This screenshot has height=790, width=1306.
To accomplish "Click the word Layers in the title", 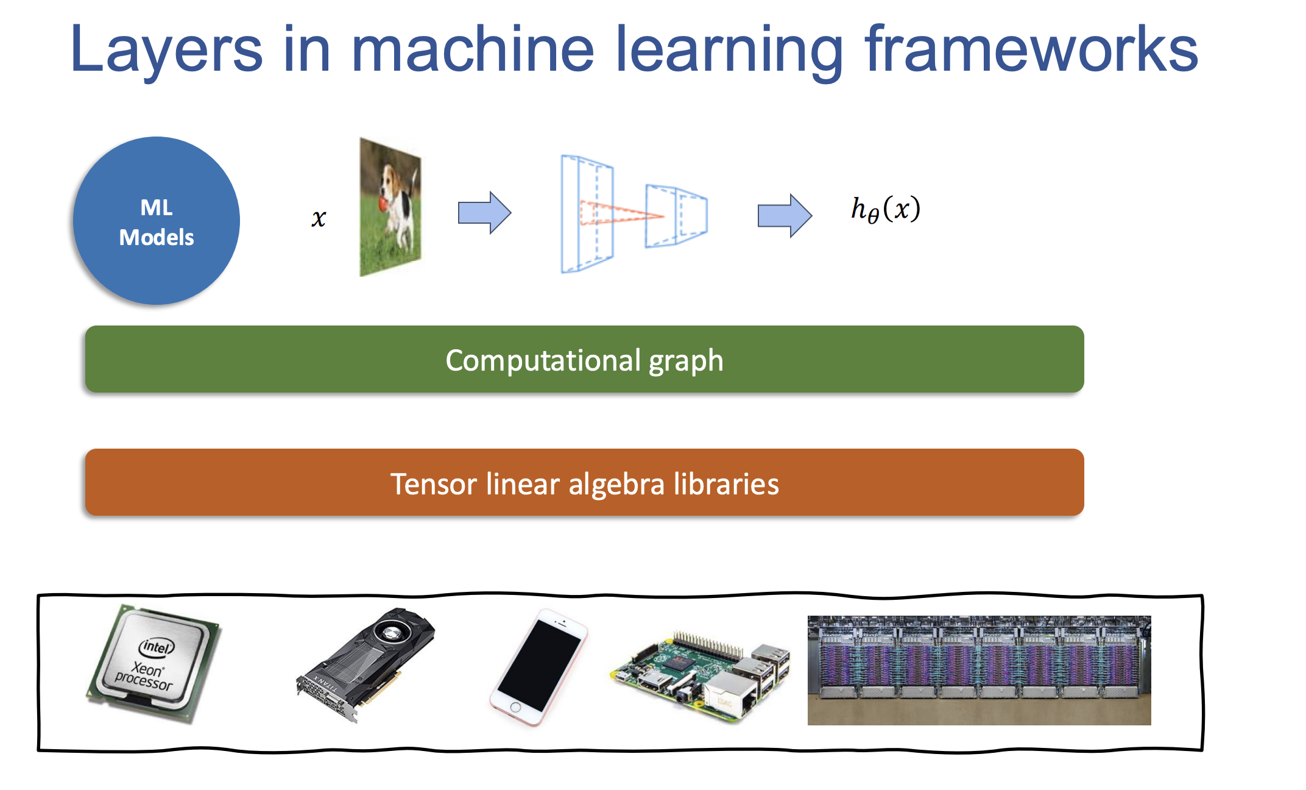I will point(166,50).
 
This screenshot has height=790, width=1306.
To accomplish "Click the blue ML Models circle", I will point(157,221).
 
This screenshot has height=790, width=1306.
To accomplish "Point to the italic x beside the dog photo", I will point(319,218).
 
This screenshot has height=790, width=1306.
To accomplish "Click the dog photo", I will point(390,207).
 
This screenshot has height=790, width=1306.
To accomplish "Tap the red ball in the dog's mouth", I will point(382,203).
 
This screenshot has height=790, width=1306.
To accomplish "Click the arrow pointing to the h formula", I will point(784,215).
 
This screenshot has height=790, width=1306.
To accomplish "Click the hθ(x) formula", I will point(885,209).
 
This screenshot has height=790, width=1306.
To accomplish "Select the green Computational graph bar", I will point(585,360).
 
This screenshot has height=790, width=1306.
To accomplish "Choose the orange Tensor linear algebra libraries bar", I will point(585,483).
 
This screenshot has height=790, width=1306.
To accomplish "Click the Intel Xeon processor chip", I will point(154,663).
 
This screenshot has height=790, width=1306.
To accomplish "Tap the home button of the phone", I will point(515,708).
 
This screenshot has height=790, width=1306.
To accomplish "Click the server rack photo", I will point(979,670).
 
